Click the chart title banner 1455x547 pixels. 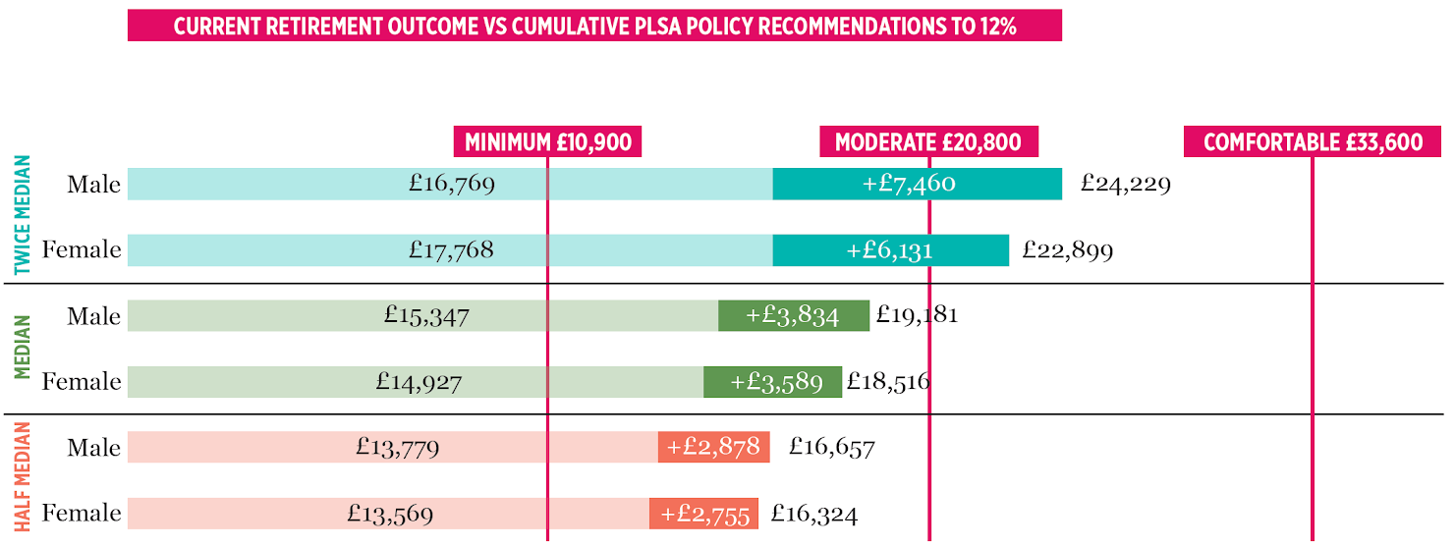pos(594,26)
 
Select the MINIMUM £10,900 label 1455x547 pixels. pos(548,142)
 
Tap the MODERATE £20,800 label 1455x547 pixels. pos(928,142)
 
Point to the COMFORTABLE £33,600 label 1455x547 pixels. pos(1313,142)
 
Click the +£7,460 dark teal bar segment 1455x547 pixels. pos(917,184)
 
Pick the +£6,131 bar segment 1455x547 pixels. pos(890,250)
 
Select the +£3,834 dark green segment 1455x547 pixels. pos(793,316)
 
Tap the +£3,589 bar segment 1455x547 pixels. pos(772,382)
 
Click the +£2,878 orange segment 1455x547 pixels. pos(713,448)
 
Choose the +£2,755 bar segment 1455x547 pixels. pos(703,514)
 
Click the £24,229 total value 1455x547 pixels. pos(1125,184)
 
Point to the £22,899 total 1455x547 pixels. pos(1067,250)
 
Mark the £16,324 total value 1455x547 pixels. pos(814,514)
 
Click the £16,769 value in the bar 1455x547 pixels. pos(452,184)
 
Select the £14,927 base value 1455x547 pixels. pos(419,382)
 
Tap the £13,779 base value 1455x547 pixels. pos(397,448)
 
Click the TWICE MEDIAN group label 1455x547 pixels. pos(23,215)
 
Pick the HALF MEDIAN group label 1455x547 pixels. pos(23,478)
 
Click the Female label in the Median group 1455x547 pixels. pos(82,382)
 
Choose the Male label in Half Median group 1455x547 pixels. pos(94,448)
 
